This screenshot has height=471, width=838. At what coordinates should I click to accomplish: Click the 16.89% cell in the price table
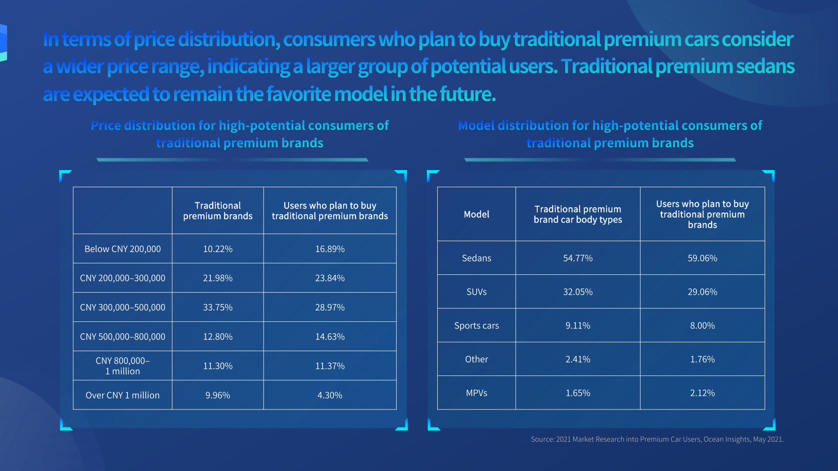tap(330, 249)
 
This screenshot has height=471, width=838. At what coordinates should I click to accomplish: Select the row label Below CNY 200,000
tap(123, 249)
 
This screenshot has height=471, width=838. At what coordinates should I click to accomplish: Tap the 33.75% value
tap(218, 307)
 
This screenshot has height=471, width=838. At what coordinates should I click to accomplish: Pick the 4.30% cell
tap(330, 396)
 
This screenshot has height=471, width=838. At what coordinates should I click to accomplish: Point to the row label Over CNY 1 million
tap(123, 396)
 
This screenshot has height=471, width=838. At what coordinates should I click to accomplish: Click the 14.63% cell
tap(330, 337)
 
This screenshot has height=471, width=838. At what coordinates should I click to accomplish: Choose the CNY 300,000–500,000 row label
tap(123, 307)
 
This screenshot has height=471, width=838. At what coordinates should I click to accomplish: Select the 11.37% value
tap(330, 366)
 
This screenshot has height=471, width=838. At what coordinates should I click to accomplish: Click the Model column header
tap(476, 214)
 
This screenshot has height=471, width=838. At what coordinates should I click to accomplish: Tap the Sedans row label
tap(476, 258)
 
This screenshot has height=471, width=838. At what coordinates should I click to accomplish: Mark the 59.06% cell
tap(702, 258)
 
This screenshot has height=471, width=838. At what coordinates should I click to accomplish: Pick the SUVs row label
tap(476, 292)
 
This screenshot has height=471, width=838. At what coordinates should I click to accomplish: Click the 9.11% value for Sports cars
tap(577, 326)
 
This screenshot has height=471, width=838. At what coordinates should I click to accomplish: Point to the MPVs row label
tap(476, 393)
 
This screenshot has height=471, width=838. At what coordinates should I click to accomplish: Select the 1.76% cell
tap(702, 359)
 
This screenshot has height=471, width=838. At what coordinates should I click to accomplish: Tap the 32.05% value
tap(577, 292)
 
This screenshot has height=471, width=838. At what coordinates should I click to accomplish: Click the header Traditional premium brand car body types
tap(577, 214)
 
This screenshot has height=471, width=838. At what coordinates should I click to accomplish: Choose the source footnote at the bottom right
tap(657, 439)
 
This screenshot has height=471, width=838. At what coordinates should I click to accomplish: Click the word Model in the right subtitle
tap(476, 126)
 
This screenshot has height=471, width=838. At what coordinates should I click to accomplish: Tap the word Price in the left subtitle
tap(106, 126)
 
